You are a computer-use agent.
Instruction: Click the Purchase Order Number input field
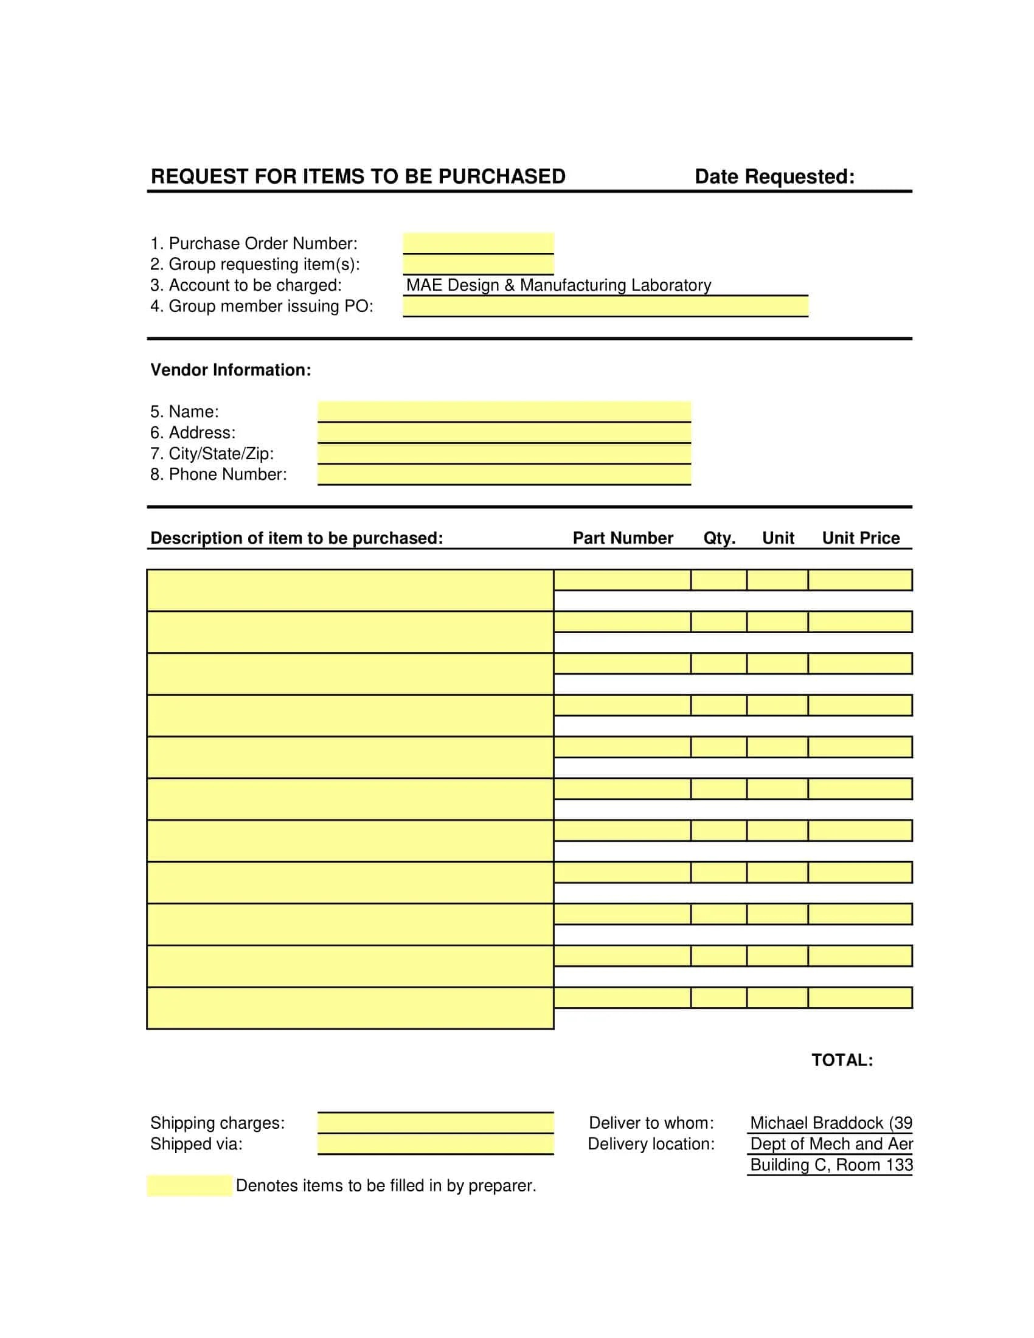click(478, 243)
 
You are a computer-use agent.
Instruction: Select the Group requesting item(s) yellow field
click(478, 265)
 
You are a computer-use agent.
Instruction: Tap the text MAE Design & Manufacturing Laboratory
click(558, 285)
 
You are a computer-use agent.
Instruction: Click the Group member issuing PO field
click(605, 307)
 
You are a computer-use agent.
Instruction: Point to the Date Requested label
click(774, 177)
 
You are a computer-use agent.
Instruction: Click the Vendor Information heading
click(231, 370)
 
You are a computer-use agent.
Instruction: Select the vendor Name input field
click(504, 412)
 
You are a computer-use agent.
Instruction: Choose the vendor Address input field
click(504, 433)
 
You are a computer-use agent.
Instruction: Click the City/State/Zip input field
click(504, 454)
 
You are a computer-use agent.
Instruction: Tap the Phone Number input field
click(504, 475)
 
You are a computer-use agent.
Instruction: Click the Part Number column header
click(622, 538)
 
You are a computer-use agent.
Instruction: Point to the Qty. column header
click(718, 538)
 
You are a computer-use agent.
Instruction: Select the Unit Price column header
click(860, 538)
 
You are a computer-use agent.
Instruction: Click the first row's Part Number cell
click(622, 580)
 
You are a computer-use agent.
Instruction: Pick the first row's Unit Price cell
click(859, 580)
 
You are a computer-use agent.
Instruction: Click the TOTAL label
click(842, 1061)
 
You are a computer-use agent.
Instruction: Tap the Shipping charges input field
click(435, 1123)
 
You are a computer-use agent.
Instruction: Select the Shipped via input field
click(435, 1145)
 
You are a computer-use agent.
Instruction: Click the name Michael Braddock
click(816, 1123)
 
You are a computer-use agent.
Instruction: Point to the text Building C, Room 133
click(831, 1165)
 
